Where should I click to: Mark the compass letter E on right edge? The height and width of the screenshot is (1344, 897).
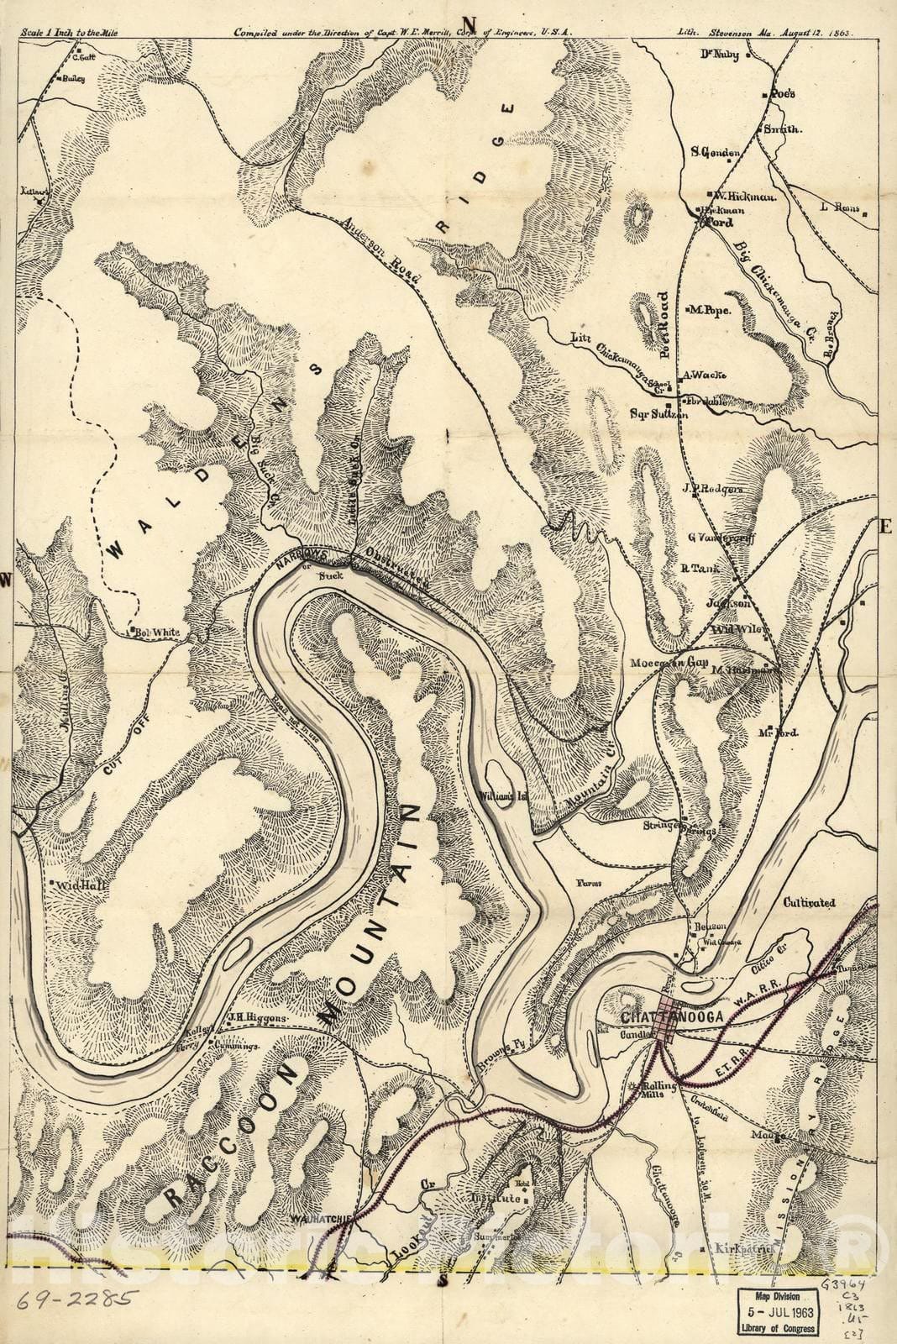click(x=884, y=528)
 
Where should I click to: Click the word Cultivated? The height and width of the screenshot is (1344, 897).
click(x=809, y=903)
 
